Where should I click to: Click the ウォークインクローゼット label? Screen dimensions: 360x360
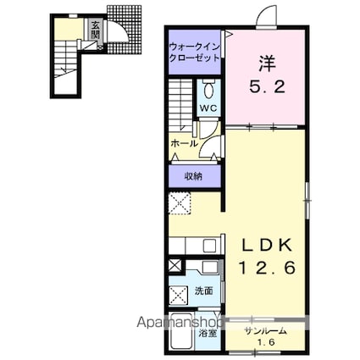[196, 53]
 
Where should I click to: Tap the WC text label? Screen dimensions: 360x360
[208, 109]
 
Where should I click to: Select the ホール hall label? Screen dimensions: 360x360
[184, 144]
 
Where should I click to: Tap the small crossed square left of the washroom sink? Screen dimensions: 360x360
[175, 265]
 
